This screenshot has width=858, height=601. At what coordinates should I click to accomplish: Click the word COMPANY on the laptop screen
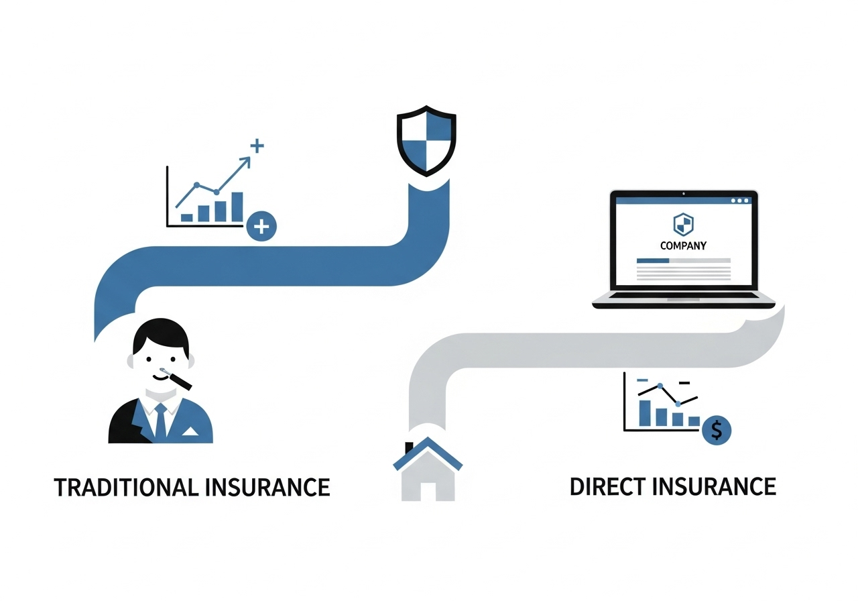[x=683, y=245]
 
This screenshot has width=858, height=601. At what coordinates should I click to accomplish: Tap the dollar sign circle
[x=717, y=430]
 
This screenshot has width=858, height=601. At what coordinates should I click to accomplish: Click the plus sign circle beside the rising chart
[x=261, y=227]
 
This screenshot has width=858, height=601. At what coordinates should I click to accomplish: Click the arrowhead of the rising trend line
[x=247, y=161]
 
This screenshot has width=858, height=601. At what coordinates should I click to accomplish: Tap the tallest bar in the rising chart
[x=237, y=207]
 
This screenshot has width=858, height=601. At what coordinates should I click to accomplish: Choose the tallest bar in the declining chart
[x=646, y=413]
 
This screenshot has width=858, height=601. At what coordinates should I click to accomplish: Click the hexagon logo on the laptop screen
[x=682, y=224]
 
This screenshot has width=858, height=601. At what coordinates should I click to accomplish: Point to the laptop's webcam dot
[x=683, y=194]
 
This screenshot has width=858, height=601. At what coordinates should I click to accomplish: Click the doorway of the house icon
[x=428, y=489]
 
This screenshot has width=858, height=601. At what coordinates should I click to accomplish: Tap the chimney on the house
[x=409, y=448]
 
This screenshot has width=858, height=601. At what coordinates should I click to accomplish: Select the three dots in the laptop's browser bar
[x=740, y=201]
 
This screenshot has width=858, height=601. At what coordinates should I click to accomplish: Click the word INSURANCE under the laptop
[x=714, y=486]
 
